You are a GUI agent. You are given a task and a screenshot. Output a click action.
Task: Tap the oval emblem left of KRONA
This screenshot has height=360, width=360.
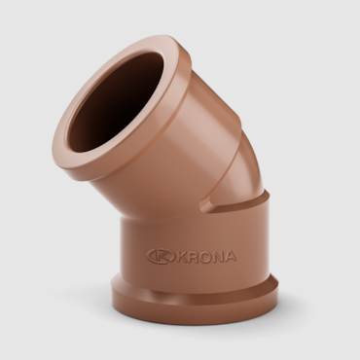point(161,256)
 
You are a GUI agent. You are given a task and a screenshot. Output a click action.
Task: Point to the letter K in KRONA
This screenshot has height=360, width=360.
point(182,256)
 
